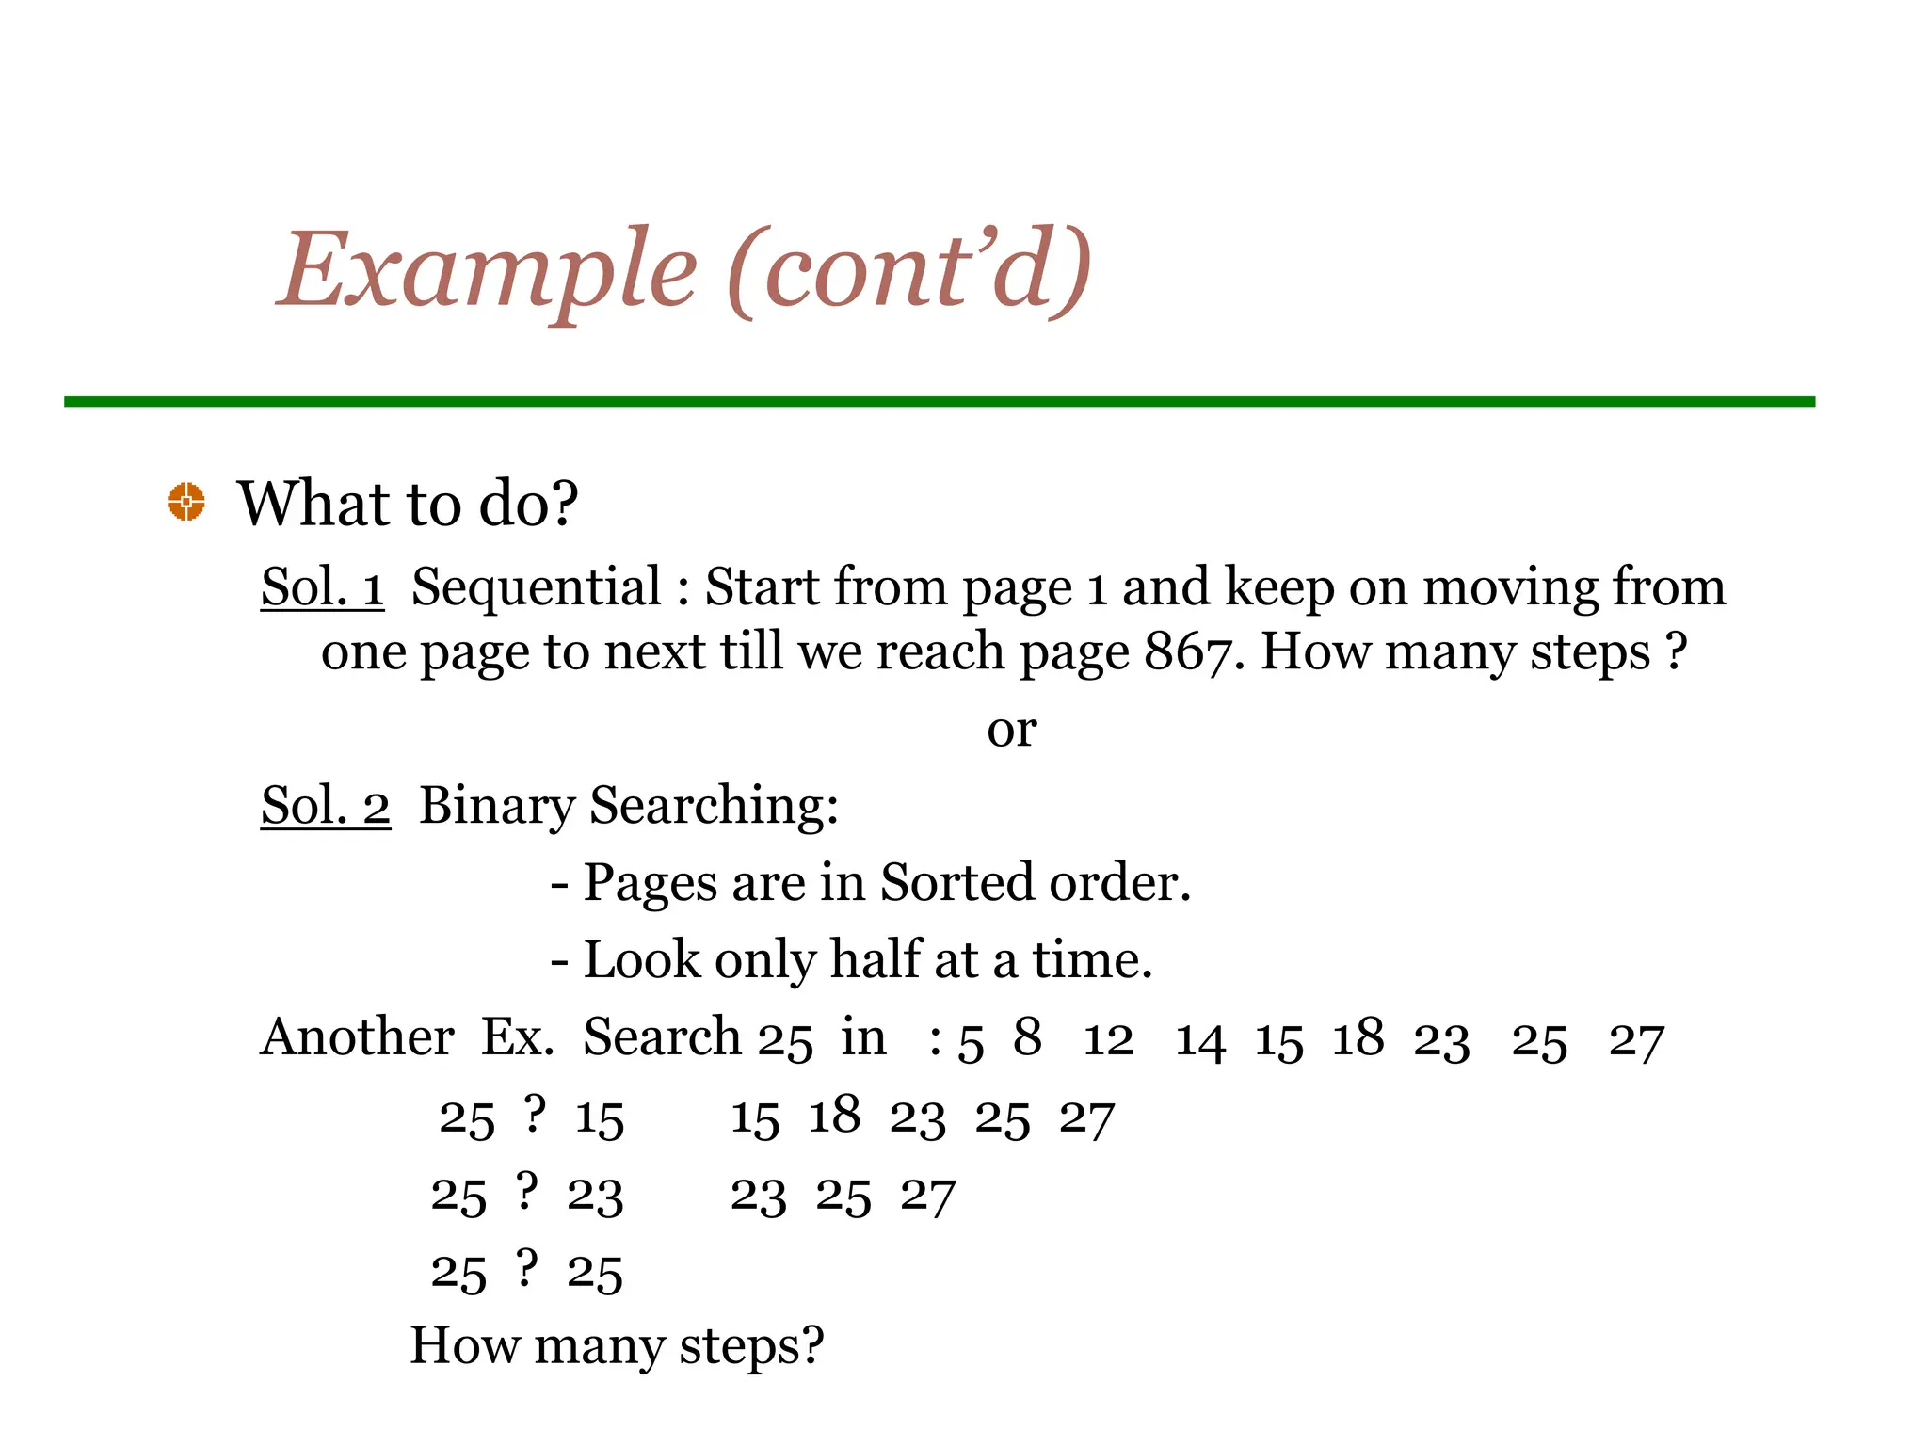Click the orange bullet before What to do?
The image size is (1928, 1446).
coord(186,502)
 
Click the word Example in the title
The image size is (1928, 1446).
coord(487,270)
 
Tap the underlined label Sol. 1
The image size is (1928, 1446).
coord(322,586)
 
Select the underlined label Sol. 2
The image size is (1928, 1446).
coord(325,806)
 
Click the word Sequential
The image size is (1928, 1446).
coord(537,586)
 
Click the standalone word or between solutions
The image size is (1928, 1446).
coord(1011,730)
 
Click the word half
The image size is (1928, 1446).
coord(874,959)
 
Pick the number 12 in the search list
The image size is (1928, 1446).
coord(1108,1039)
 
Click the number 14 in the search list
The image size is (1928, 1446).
coord(1200,1041)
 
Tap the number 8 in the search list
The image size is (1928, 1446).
coord(1027,1037)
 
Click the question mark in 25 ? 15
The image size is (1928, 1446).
coord(535,1115)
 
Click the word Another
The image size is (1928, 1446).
coord(357,1037)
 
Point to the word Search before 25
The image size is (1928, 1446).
coord(662,1037)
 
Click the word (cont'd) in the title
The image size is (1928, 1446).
coord(908,270)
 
